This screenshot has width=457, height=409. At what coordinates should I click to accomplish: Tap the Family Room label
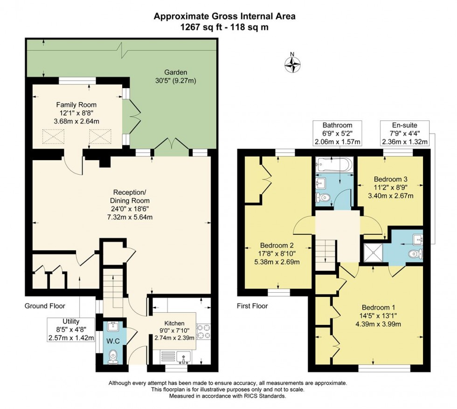point(76,105)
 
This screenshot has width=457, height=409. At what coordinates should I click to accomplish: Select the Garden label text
point(175,72)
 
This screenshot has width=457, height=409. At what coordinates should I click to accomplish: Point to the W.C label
point(113,341)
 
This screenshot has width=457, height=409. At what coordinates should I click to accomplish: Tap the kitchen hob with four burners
point(204,331)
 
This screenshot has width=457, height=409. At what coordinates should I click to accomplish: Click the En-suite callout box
point(405,133)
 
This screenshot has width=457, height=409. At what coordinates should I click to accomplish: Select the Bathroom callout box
point(337,133)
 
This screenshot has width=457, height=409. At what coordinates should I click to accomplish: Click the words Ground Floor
point(45,306)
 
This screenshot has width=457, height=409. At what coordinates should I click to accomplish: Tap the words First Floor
point(252,306)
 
